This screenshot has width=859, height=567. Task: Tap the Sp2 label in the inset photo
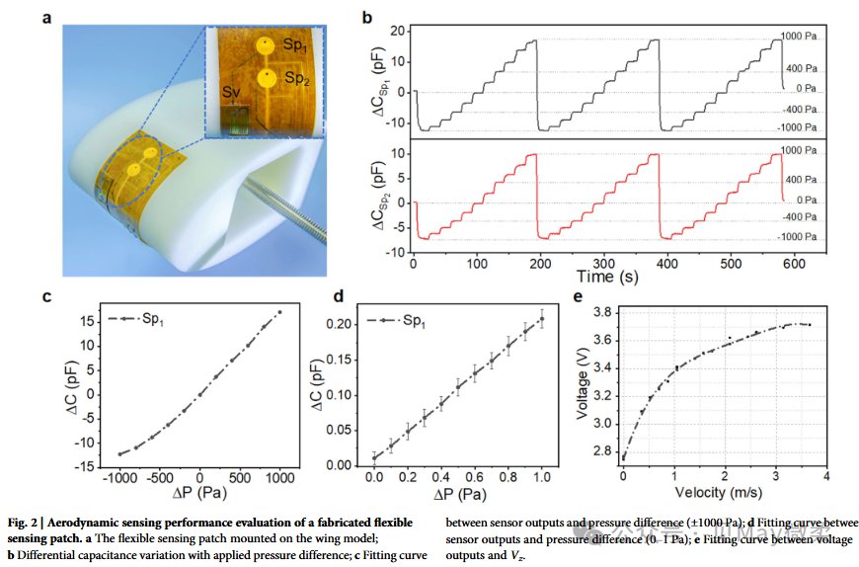click(298, 79)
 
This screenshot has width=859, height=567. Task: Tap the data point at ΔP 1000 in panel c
click(279, 312)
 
